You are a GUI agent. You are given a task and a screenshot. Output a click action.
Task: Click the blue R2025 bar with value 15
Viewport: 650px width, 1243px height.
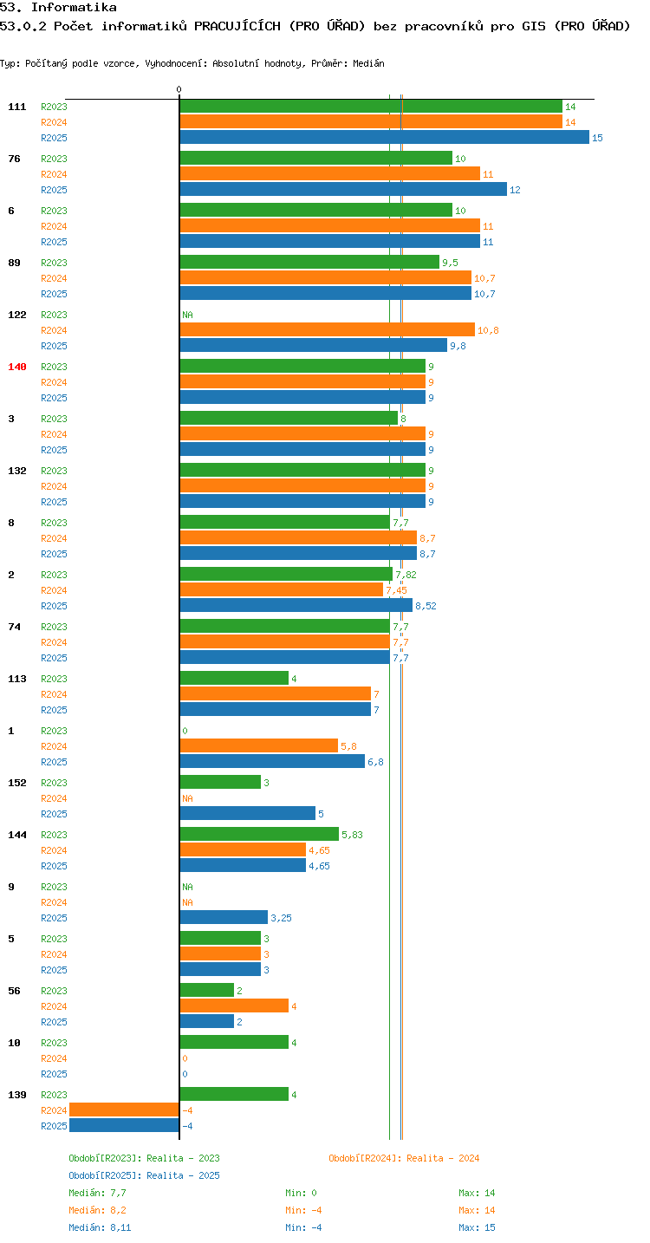pyautogui.click(x=384, y=137)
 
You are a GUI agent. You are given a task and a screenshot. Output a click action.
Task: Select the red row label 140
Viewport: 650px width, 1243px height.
pyautogui.click(x=17, y=367)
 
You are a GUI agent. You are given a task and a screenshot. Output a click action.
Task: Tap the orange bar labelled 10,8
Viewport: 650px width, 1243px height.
pyautogui.click(x=328, y=329)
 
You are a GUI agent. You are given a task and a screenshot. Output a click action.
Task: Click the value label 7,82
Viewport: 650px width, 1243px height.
pyautogui.click(x=406, y=575)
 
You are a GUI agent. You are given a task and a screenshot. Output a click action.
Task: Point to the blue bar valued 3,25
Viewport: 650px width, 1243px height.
pyautogui.click(x=224, y=917)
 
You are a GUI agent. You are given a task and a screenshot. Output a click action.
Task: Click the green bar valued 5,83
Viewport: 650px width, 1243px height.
pyautogui.click(x=259, y=834)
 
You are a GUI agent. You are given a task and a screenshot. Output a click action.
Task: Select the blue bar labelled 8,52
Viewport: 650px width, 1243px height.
pyautogui.click(x=296, y=605)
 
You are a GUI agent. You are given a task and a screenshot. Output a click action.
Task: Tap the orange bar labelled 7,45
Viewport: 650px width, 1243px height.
pyautogui.click(x=282, y=590)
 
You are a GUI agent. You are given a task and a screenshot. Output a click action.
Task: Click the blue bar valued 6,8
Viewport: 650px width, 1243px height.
pyautogui.click(x=272, y=761)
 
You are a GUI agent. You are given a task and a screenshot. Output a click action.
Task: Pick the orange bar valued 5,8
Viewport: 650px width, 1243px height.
pyautogui.click(x=259, y=745)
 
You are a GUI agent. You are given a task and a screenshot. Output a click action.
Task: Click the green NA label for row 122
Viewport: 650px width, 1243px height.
pyautogui.click(x=187, y=315)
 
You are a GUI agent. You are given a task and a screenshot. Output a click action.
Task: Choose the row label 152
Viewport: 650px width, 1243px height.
pyautogui.click(x=17, y=783)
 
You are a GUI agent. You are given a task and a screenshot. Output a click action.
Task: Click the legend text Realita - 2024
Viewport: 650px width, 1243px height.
pyautogui.click(x=443, y=1158)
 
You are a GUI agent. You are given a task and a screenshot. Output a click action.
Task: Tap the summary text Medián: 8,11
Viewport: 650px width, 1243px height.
pyautogui.click(x=100, y=1227)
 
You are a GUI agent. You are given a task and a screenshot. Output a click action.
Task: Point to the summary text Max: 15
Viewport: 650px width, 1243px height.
pyautogui.click(x=477, y=1227)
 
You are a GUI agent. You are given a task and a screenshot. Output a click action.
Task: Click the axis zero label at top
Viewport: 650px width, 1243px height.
pyautogui.click(x=179, y=89)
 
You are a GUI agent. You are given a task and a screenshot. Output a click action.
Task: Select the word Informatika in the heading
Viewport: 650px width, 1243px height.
pyautogui.click(x=74, y=7)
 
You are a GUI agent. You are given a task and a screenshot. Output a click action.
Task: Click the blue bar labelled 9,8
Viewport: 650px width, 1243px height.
pyautogui.click(x=314, y=345)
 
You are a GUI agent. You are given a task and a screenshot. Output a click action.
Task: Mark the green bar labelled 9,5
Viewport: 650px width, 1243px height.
pyautogui.click(x=309, y=262)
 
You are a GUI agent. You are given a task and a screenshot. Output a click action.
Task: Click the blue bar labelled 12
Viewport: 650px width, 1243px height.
pyautogui.click(x=343, y=189)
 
